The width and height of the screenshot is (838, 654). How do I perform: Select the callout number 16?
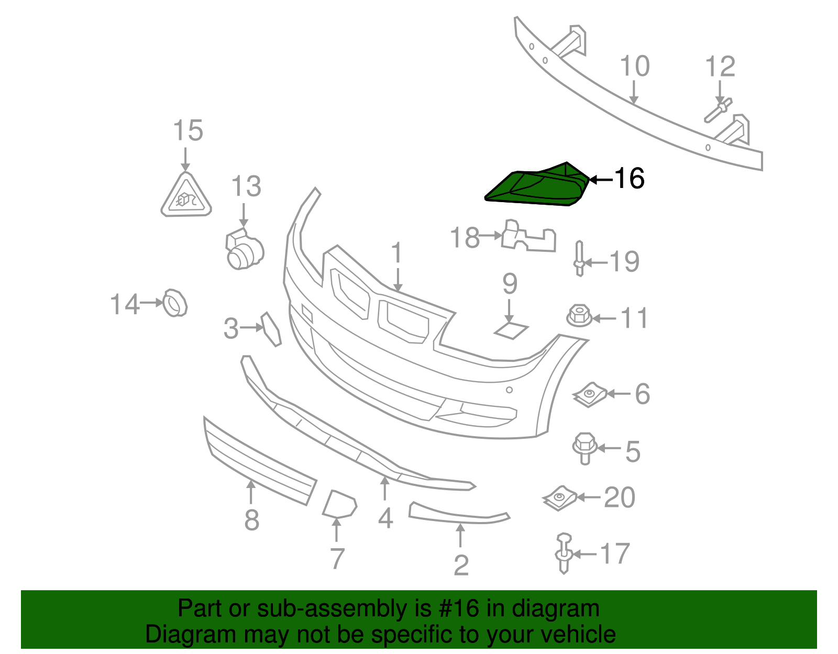coord(630,179)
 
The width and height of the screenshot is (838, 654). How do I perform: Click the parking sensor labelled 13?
coord(244,249)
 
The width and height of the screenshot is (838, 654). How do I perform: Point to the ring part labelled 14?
coord(175,303)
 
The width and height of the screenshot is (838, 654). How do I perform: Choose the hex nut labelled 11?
coord(579,316)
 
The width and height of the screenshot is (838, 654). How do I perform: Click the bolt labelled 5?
coord(585,449)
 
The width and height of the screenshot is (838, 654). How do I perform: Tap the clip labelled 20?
coord(560,498)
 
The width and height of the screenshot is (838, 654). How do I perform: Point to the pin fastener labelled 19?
coord(579,258)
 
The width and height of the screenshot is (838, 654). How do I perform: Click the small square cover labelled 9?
coord(511,330)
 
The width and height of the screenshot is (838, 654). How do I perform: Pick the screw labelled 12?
coord(718,110)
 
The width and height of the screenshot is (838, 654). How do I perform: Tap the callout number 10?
coord(634,66)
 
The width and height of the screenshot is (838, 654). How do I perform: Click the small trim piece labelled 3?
coord(271,329)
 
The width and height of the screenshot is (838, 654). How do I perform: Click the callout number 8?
coord(251,519)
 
